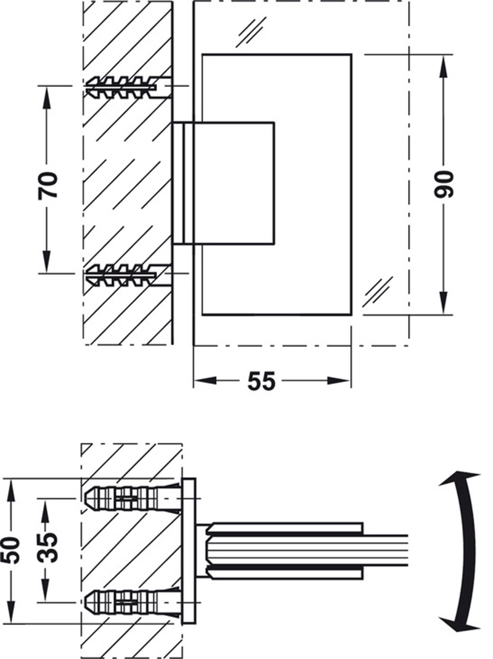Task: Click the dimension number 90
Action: point(443,184)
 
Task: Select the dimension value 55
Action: point(261,381)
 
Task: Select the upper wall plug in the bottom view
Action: point(129,497)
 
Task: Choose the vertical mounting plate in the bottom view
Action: point(190,550)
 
